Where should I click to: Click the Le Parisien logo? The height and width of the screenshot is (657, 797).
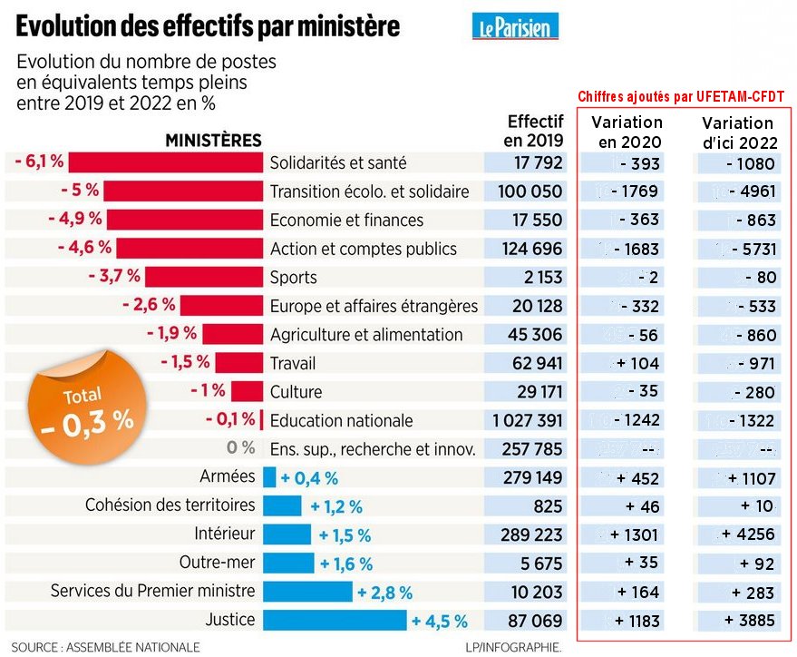pyautogui.click(x=515, y=27)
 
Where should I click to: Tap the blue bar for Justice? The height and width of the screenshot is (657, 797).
pyautogui.click(x=335, y=621)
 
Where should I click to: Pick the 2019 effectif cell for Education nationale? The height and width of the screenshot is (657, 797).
pyautogui.click(x=527, y=420)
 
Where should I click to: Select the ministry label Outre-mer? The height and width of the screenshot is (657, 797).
pyautogui.click(x=217, y=563)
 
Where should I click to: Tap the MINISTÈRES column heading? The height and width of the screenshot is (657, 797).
pyautogui.click(x=213, y=141)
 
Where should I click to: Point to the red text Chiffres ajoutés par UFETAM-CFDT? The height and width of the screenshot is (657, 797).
pyautogui.click(x=681, y=96)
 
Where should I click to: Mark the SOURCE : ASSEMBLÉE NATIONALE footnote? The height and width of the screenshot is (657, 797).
pyautogui.click(x=105, y=647)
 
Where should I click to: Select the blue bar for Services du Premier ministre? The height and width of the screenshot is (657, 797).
pyautogui.click(x=307, y=592)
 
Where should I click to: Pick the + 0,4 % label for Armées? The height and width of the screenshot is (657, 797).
pyautogui.click(x=309, y=477)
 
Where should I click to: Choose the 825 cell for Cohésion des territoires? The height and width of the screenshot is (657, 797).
pyautogui.click(x=548, y=506)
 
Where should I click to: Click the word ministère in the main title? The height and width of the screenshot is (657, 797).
pyautogui.click(x=334, y=27)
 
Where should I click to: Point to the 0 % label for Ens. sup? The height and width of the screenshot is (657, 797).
pyautogui.click(x=240, y=448)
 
